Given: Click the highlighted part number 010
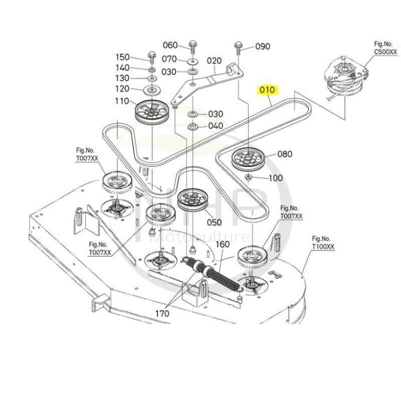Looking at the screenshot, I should pos(267,90).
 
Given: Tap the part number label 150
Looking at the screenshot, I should pos(122,57).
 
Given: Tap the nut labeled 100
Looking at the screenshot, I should pos(249,177).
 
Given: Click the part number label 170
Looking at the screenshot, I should pos(162,313).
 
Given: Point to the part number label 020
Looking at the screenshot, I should pos(214,61).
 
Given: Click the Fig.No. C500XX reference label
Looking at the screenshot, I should pos(385,48).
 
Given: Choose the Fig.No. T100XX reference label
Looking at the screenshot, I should pos(323,243).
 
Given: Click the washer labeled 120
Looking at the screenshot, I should pos(151,91).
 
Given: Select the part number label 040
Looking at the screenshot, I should pos(216,126).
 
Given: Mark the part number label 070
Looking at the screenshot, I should pos(168,59).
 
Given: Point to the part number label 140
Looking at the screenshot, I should pos(122,68).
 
